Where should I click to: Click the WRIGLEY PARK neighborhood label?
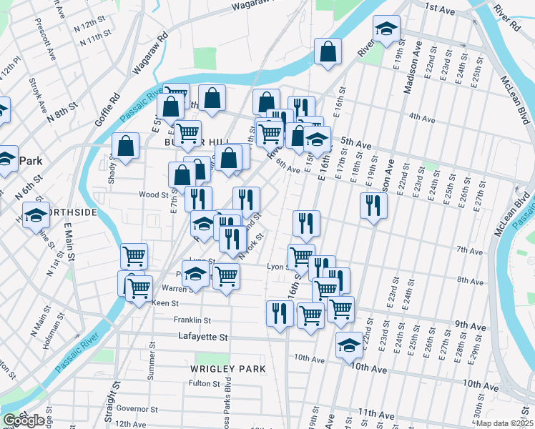(x=227, y=369)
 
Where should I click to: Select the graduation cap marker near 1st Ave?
(x=386, y=29)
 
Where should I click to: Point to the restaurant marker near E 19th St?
(x=373, y=206)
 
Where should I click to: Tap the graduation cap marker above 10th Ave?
(x=349, y=346)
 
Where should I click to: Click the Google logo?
(x=24, y=420)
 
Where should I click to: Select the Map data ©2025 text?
(x=504, y=423)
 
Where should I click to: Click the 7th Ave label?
(x=469, y=250)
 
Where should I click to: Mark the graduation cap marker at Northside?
(x=36, y=214)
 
